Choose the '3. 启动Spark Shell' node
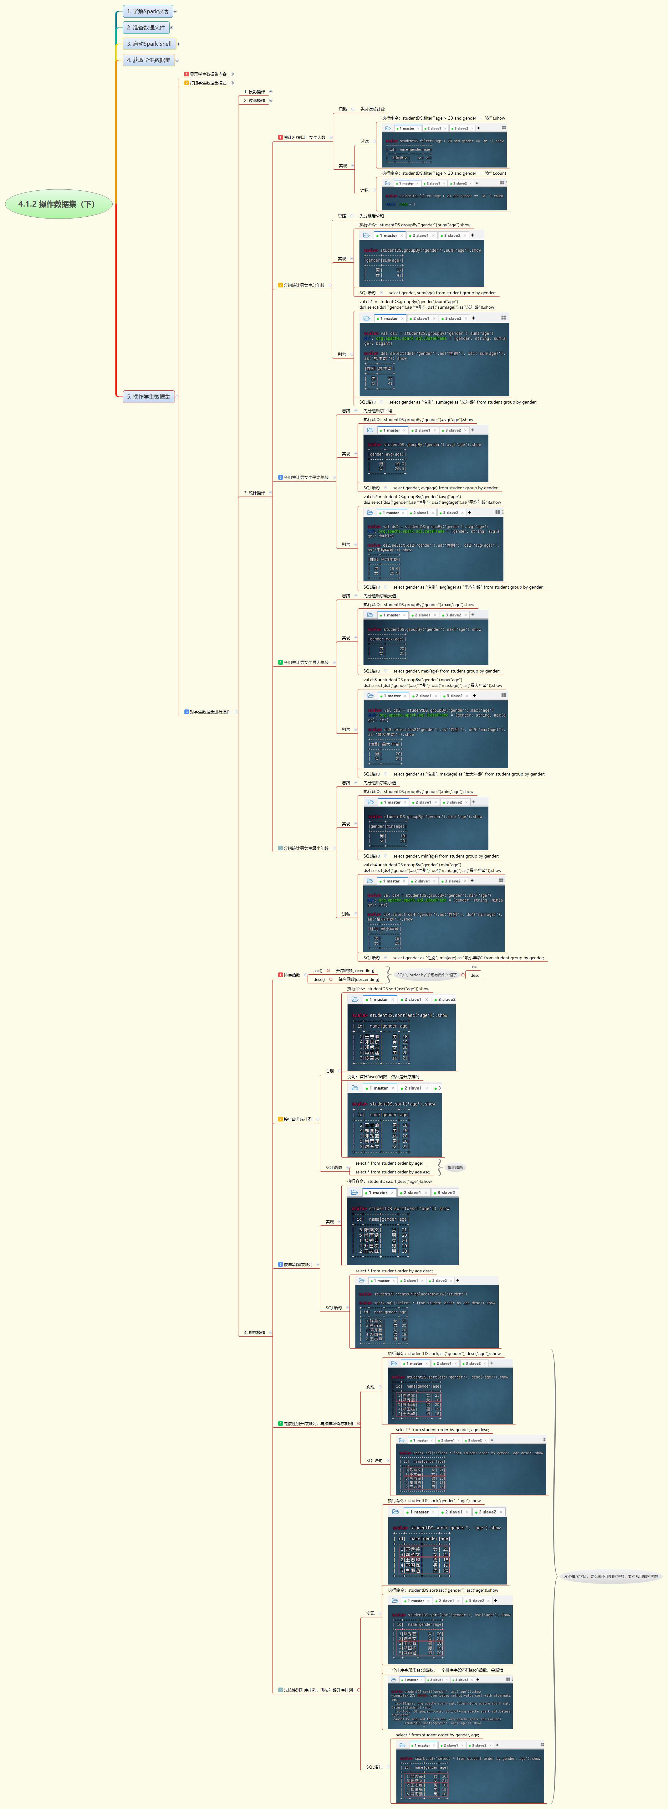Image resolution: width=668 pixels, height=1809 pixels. click(149, 44)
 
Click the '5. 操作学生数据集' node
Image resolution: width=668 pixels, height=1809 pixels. click(148, 397)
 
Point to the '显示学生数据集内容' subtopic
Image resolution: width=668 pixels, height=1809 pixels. click(208, 74)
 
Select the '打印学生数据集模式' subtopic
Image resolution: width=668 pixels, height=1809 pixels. click(208, 83)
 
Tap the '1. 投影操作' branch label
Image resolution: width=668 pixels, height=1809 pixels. click(254, 91)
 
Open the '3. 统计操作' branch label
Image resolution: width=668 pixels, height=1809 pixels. click(254, 493)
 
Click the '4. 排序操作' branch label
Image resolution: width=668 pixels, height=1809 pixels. click(254, 1332)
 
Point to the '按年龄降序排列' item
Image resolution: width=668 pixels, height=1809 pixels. click(298, 1265)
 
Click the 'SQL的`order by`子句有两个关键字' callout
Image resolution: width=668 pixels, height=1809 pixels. click(427, 975)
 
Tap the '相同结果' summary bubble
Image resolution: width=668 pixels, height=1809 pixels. click(455, 1167)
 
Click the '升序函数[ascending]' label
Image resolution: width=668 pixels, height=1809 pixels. click(354, 971)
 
